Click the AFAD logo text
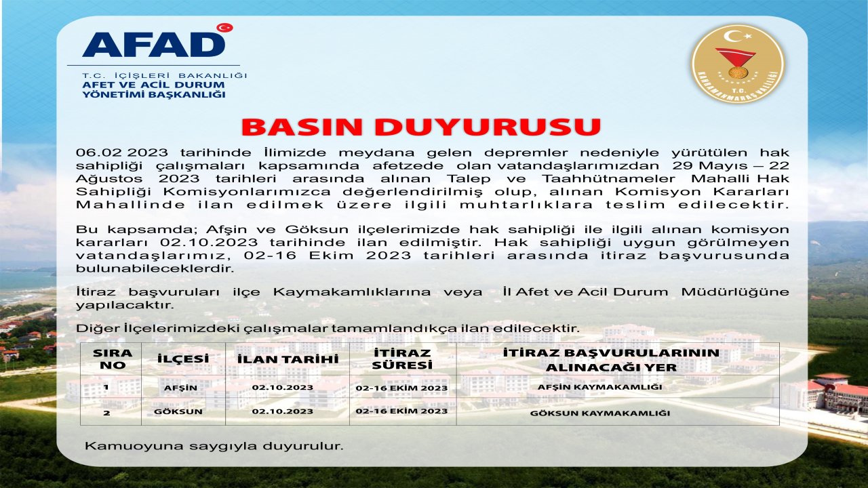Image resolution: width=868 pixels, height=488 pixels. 153,44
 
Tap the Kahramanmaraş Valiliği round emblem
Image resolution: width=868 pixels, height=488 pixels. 738,64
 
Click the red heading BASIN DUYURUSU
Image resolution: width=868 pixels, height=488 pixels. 421,127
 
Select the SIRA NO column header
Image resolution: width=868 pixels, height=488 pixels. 113,359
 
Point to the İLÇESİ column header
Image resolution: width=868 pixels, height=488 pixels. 182,359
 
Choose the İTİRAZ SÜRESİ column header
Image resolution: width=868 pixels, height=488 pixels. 402,359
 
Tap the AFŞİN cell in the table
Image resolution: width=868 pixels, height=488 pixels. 180,388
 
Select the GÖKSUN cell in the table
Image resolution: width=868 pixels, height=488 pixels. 182,411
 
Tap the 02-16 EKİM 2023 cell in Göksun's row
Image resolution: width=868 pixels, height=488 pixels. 401,411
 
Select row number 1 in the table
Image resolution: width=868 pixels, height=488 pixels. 106,387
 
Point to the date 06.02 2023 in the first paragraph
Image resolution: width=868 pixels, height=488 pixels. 111,153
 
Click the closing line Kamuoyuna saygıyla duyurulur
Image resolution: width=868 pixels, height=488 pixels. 214,446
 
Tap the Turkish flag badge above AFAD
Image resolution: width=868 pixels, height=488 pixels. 224,28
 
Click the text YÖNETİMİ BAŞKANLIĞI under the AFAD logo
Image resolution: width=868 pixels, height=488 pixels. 153,94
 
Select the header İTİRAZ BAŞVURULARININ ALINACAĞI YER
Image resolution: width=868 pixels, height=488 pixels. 611,360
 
